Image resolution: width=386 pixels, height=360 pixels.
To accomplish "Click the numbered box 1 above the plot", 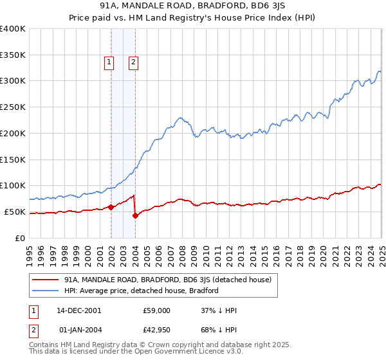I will (x=109, y=62).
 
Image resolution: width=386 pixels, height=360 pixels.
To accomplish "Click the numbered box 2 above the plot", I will (x=133, y=62).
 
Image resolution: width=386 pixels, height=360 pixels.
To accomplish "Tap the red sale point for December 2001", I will (x=111, y=207).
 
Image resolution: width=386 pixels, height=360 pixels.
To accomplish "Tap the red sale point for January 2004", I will (x=135, y=215).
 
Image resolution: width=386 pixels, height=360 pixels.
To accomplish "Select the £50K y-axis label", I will (x=15, y=212).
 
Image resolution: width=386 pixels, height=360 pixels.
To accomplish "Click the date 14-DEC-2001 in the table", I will (x=79, y=310).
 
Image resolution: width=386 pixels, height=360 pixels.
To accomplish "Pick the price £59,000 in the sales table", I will (x=156, y=310).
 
